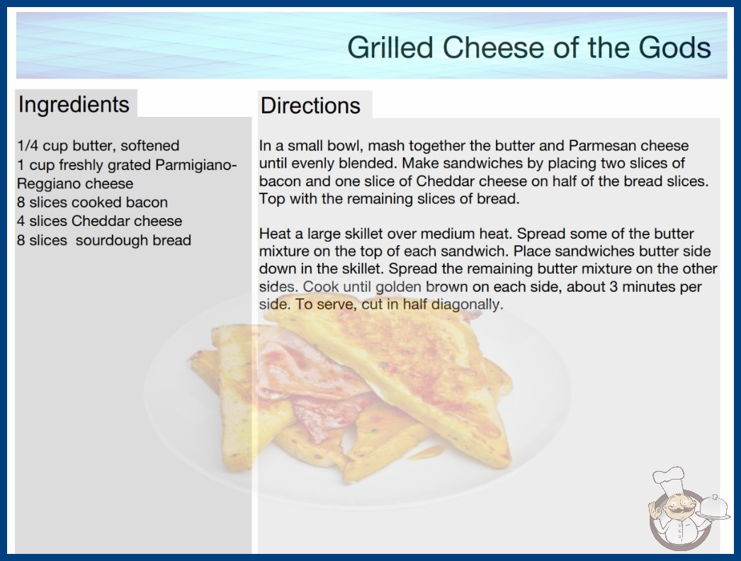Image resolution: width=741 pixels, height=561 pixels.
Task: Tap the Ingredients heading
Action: tap(74, 105)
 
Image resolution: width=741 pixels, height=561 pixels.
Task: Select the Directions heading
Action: tap(310, 106)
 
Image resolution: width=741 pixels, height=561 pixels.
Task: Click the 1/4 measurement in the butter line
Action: tap(28, 146)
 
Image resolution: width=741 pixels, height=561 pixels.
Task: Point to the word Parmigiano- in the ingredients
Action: tap(196, 166)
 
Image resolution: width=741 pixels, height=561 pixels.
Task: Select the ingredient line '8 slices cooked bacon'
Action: tap(93, 203)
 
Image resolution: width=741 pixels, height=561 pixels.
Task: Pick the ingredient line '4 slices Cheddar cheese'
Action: tap(100, 221)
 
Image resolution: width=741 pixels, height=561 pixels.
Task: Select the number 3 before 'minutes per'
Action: tap(613, 287)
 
